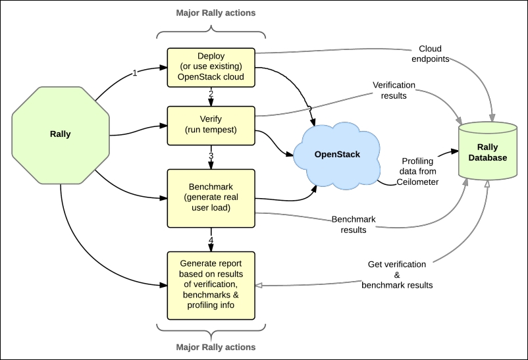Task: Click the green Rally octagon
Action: point(60,134)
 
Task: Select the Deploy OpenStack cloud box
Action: point(211,67)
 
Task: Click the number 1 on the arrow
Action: point(135,73)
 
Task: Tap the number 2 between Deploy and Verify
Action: point(211,95)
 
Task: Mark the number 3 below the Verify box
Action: point(211,155)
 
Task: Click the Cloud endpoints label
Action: point(430,54)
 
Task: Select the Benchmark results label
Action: point(353,224)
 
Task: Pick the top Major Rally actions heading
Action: point(211,13)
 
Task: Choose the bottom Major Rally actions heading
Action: point(211,347)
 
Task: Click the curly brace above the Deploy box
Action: point(211,32)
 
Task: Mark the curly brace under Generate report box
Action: point(211,327)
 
